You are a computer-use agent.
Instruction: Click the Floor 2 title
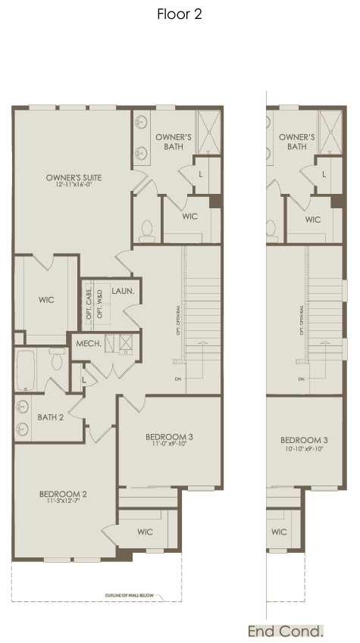coord(180,14)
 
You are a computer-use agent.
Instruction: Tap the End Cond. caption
coord(286,631)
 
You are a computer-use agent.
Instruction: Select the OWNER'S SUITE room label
coord(74,178)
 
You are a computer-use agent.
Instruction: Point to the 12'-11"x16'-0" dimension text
coord(74,186)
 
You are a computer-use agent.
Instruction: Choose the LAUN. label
coord(124,291)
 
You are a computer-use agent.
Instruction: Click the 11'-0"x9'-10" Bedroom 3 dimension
coord(170,445)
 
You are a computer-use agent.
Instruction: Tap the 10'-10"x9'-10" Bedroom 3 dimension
coord(304,448)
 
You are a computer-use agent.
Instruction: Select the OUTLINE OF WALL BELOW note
coord(130,596)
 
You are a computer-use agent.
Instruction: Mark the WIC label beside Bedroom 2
coord(146,532)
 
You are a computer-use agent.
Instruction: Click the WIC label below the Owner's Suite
coord(46,300)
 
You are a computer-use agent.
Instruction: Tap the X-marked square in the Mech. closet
coord(125,344)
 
